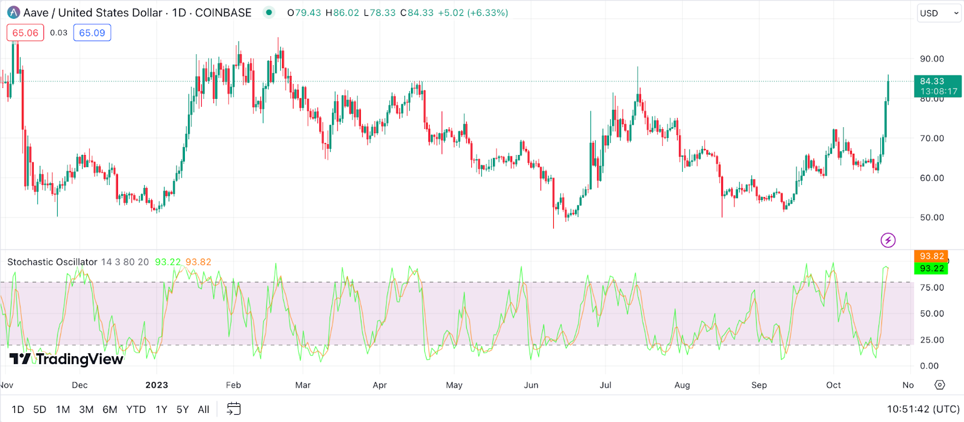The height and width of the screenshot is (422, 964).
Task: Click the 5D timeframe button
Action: [40, 409]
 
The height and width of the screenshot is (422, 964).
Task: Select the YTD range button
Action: [136, 409]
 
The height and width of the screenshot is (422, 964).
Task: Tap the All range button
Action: [204, 409]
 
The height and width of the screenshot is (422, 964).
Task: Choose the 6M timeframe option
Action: [110, 409]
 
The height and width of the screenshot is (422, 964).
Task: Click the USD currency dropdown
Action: [939, 13]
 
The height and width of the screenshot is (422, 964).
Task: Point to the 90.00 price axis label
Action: [931, 59]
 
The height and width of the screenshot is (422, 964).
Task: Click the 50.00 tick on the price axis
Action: [931, 218]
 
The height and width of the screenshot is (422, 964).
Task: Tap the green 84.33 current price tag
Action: [937, 86]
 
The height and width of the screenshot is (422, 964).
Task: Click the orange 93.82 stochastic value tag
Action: [931, 256]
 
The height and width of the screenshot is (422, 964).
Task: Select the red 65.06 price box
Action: [25, 33]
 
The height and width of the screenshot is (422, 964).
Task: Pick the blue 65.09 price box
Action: [92, 33]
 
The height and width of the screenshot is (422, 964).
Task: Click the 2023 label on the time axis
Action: [157, 385]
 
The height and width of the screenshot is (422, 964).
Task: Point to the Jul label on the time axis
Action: [606, 385]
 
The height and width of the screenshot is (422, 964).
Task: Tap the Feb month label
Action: [233, 385]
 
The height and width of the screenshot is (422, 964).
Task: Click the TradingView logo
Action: [66, 359]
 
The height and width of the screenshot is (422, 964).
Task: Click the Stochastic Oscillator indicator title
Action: [52, 262]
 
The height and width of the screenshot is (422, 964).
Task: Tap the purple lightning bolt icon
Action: [888, 241]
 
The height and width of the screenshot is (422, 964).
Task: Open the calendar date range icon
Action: [234, 409]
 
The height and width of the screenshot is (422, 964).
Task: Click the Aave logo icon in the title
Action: [13, 13]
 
